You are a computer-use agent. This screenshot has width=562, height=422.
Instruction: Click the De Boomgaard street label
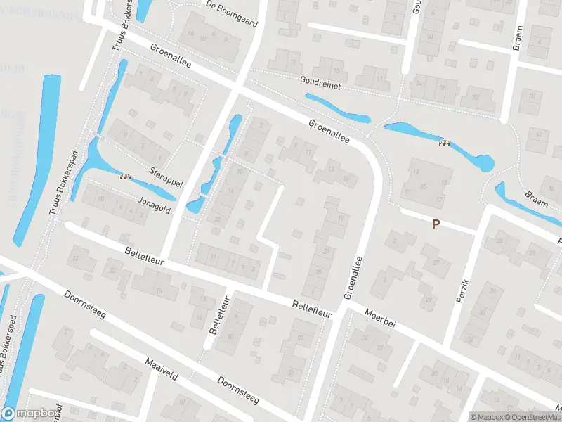click(x=233, y=13)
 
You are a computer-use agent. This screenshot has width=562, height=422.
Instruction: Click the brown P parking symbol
click(x=436, y=224)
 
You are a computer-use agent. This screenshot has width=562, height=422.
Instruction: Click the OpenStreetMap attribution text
click(x=530, y=417)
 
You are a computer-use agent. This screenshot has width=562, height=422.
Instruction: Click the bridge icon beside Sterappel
click(x=125, y=177)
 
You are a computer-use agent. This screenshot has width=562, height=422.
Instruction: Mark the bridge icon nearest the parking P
click(x=444, y=143)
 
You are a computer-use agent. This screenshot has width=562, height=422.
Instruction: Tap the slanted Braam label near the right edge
click(x=535, y=199)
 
